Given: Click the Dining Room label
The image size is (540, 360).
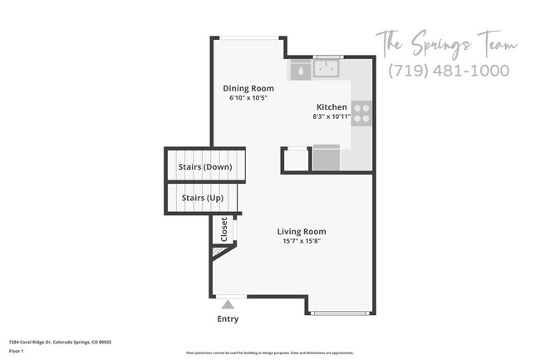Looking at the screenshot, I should point(248,87).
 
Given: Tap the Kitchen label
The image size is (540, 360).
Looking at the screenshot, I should point(331,106).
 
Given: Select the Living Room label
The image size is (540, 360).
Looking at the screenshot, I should point(302,231).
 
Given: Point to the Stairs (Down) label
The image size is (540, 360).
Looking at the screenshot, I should point(204,166).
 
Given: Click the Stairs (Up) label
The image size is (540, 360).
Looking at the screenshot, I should point(202,198).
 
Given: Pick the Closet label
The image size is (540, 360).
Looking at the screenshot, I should point(223,229).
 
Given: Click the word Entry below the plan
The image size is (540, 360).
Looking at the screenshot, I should point(228,318).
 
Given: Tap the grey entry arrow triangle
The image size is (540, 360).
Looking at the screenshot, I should point(228,304).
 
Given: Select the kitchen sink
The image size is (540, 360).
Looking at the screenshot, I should point(328,67).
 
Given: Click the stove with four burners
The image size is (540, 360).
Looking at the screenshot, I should point(361,113).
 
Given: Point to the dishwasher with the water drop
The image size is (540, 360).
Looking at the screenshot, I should point(299,70).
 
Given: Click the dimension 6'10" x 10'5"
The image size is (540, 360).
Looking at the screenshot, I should point(248,98).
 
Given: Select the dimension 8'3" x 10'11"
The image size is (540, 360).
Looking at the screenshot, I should point(331,116).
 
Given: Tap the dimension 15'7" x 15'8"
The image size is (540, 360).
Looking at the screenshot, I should point(302,242).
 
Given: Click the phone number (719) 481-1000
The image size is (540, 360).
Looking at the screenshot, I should point(449,71).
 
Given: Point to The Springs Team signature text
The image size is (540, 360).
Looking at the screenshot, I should point(446,42).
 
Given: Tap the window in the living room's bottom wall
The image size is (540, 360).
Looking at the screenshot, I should point(341,313).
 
